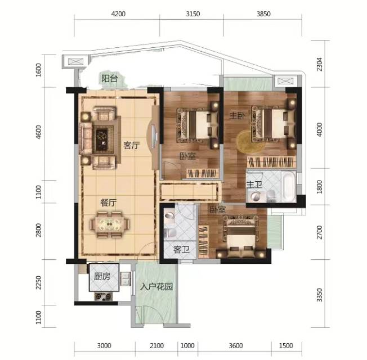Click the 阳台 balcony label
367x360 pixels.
tap(109, 78)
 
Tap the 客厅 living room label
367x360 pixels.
tap(132, 146)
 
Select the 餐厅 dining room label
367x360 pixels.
tap(109, 202)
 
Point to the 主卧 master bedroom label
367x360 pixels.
tap(237, 115)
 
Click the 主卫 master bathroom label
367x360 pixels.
tap(254, 184)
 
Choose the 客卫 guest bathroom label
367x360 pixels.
tap(181, 250)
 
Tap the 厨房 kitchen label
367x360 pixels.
tap(102, 277)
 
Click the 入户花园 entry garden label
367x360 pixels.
tap(156, 286)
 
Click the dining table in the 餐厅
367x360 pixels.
tap(110, 225)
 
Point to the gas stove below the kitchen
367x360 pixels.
tap(103, 296)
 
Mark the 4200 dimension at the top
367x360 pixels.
tap(118, 14)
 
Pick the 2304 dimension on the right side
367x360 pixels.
tap(319, 64)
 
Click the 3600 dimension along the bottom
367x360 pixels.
tap(236, 345)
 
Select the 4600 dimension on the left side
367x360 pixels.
tap(39, 132)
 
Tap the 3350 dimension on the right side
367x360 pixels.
tap(319, 295)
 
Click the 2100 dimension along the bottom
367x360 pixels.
tap(156, 345)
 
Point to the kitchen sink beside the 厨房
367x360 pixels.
tap(125, 278)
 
